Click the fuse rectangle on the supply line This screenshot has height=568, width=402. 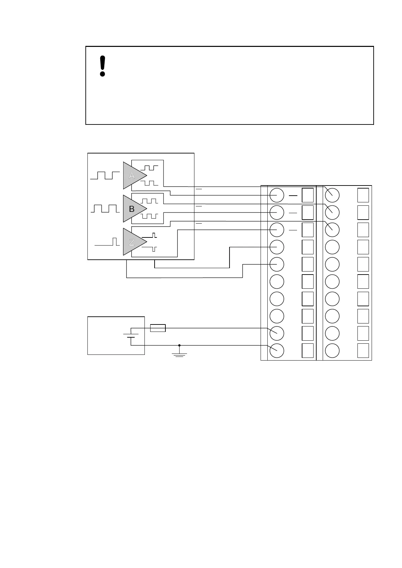158,328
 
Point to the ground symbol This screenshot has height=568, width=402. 179,354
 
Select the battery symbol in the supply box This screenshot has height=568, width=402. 131,335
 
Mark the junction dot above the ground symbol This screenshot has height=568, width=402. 179,345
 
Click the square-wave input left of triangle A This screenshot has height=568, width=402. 105,175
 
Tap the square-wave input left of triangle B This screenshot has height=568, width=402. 105,208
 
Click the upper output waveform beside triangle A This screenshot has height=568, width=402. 149,168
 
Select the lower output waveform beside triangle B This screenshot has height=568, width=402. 149,216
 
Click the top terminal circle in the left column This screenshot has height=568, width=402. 277,195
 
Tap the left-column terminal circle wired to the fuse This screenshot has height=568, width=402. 277,333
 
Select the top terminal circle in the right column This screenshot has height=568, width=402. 332,195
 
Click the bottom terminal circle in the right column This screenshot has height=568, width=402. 332,350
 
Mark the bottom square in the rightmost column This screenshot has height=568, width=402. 363,350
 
